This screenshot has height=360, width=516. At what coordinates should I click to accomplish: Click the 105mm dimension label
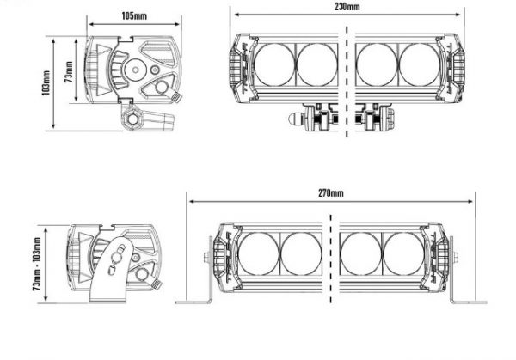134,15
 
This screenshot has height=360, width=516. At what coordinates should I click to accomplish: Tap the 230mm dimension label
347,7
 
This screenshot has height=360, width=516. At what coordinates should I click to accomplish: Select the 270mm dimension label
331,193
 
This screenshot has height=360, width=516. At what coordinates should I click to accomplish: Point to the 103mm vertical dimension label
46,82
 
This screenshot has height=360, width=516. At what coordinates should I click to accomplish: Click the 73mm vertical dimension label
69,71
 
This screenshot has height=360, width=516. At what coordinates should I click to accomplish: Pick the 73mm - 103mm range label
37,264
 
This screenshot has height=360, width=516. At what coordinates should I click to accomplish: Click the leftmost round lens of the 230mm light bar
275,64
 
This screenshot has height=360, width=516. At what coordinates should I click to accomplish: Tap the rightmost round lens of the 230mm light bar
420,64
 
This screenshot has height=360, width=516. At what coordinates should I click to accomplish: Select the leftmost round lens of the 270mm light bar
259,253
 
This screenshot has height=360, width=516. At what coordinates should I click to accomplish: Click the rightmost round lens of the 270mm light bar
403,253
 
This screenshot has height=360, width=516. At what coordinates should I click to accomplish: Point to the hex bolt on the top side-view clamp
133,119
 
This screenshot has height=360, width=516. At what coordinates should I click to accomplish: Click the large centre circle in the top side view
136,70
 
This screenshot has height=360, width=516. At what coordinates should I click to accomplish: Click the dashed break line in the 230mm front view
347,82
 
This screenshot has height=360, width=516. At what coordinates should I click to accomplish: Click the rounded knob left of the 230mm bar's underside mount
295,119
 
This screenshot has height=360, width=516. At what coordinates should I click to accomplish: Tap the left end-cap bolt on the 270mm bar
207,257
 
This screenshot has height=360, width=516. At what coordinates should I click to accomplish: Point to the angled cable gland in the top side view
175,96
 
